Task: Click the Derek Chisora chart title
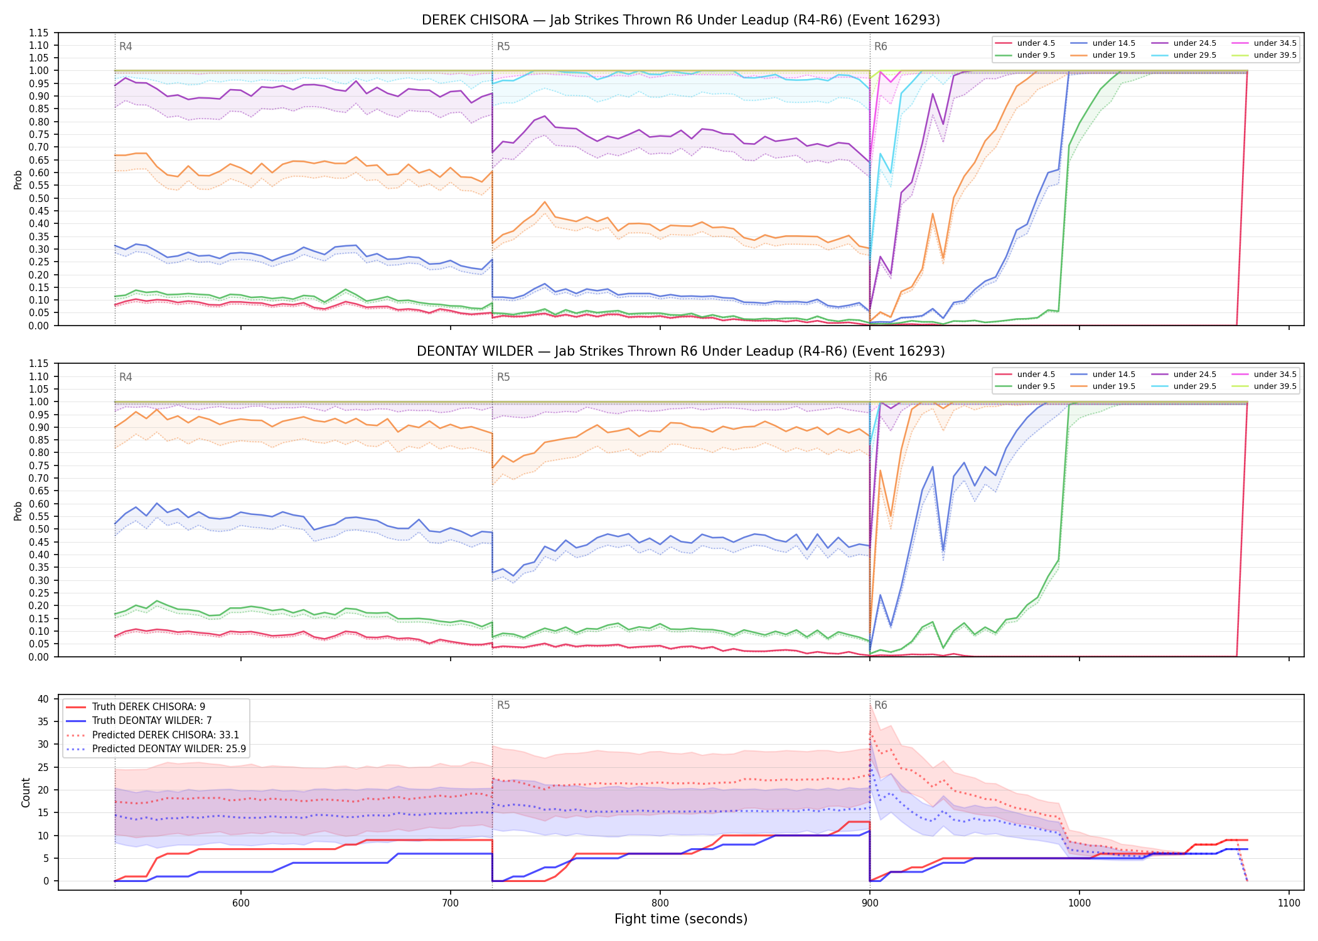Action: click(x=681, y=20)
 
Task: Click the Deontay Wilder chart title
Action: click(x=681, y=351)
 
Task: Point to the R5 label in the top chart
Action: click(x=503, y=46)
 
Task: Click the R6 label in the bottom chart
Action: click(x=881, y=705)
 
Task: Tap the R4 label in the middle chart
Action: click(x=126, y=377)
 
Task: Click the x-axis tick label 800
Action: click(x=660, y=903)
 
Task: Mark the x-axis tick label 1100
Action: click(x=1289, y=903)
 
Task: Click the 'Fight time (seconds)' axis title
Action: click(x=681, y=919)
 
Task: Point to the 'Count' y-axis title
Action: click(x=26, y=792)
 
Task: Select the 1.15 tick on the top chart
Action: click(x=39, y=33)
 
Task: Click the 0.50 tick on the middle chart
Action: click(x=39, y=529)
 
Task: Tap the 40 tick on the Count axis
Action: click(x=43, y=699)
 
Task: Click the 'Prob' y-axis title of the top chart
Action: click(x=18, y=179)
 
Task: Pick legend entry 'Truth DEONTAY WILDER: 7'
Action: click(x=152, y=721)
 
